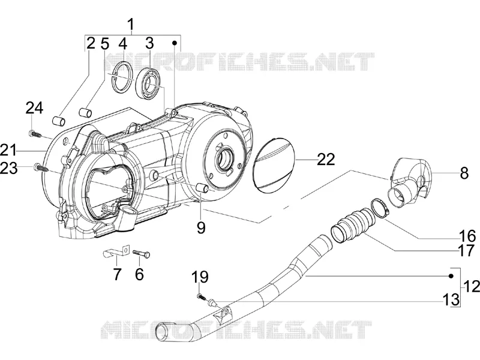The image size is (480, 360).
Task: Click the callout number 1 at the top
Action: click(131, 25)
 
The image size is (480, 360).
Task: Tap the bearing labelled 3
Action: click(148, 83)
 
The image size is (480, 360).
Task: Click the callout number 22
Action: click(326, 159)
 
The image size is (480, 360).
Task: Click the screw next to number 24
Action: click(34, 134)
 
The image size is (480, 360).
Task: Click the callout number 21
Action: click(8, 151)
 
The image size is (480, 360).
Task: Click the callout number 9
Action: click(201, 228)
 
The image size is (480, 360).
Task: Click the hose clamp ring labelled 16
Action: click(380, 208)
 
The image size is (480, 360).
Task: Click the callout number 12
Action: click(472, 287)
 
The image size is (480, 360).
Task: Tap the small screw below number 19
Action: click(200, 296)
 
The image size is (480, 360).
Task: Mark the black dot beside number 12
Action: click(451, 276)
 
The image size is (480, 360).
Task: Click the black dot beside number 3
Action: click(175, 43)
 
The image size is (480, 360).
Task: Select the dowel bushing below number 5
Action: click(85, 112)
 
